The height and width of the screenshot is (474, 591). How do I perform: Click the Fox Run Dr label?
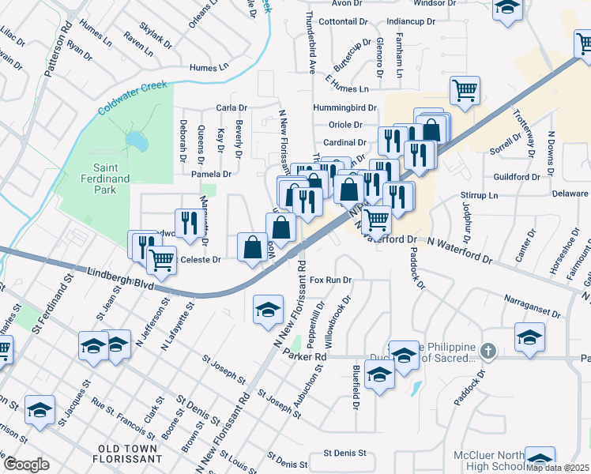329,280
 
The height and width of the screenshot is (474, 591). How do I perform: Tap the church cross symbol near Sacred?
488,351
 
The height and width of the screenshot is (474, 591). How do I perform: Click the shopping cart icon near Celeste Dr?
162,258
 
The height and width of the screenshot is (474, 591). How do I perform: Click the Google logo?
26,465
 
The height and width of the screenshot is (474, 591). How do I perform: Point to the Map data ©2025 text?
558,468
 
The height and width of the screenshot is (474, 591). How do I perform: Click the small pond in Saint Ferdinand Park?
136,141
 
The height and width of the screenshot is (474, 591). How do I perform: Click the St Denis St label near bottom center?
345,453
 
